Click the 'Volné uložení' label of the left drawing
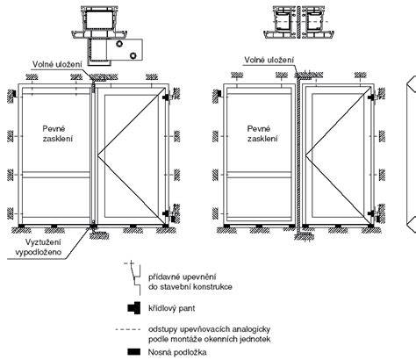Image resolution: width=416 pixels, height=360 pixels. [57, 64]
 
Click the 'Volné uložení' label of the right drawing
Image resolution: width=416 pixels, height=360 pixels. [269, 60]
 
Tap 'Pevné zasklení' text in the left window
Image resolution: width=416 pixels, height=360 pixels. [58, 133]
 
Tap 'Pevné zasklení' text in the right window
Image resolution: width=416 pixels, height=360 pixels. [262, 133]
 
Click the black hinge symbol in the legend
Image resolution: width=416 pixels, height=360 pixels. [134, 308]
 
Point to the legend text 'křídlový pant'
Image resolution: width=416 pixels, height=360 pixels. [171, 308]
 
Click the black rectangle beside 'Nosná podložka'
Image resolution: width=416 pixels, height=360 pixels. [134, 352]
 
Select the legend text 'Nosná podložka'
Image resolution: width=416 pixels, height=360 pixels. [177, 352]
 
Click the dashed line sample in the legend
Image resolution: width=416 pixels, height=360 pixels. [128, 329]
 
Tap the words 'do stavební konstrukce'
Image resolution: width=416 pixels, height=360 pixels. [190, 286]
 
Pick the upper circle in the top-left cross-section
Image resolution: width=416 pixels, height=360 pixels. [119, 44]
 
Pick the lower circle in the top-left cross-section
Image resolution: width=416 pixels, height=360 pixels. [133, 55]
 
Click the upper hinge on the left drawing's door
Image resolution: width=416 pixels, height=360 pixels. [167, 97]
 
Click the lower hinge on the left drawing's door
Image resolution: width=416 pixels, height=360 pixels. [167, 213]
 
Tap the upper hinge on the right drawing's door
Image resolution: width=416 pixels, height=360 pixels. [372, 97]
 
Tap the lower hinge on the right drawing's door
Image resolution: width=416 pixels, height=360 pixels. [372, 213]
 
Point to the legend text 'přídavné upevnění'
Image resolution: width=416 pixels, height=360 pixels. [183, 277]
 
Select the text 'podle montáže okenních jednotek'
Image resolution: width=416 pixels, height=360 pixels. [210, 339]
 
